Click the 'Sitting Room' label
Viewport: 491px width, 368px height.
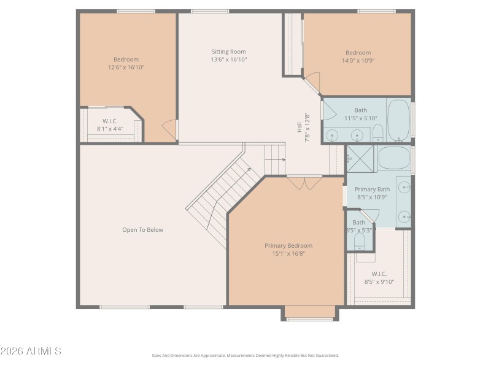(x=229, y=52)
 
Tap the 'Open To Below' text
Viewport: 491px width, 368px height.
(x=142, y=230)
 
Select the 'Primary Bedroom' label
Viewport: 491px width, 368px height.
(x=288, y=245)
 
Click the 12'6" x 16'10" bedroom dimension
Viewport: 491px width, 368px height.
(x=126, y=67)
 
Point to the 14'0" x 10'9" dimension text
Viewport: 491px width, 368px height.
(x=358, y=61)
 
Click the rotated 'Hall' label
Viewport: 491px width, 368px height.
(x=300, y=128)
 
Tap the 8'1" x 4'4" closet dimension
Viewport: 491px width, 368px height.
(x=110, y=129)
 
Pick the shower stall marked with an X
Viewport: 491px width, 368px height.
(x=360, y=158)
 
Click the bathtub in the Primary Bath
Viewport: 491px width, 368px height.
(x=393, y=158)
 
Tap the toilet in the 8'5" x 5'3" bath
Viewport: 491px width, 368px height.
(x=360, y=240)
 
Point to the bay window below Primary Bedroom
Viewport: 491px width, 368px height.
(x=310, y=314)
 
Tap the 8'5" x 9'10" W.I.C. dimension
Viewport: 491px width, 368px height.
(x=379, y=282)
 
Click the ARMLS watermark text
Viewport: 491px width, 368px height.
(x=31, y=351)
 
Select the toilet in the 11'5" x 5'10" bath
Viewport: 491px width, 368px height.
(x=378, y=132)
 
